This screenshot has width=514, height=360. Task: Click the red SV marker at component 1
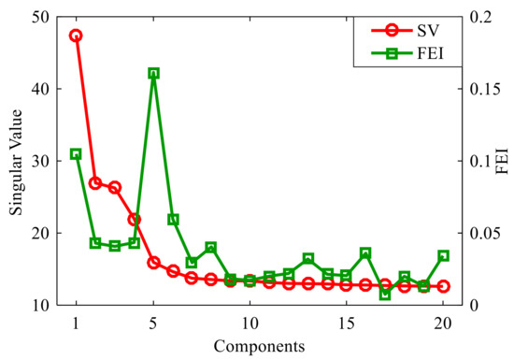(76, 36)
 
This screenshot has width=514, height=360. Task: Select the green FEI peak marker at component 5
(153, 73)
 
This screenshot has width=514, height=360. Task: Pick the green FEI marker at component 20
(443, 255)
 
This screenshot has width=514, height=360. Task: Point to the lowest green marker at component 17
(385, 295)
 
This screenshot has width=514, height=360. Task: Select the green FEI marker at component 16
(365, 253)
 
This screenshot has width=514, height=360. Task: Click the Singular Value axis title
(18, 160)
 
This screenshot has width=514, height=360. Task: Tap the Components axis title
(259, 346)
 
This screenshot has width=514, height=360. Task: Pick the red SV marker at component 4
(134, 220)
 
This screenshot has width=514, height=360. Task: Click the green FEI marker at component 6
(173, 220)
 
